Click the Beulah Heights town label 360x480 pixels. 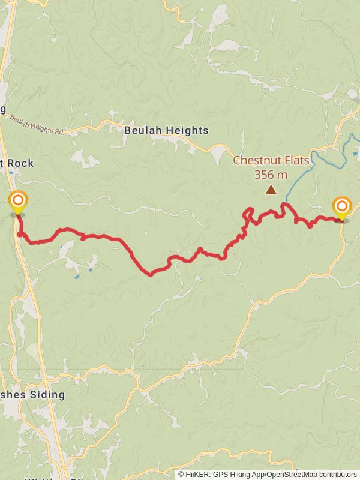pyautogui.click(x=166, y=130)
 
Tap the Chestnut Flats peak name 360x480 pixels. pyautogui.click(x=271, y=161)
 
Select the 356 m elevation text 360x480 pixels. pyautogui.click(x=271, y=175)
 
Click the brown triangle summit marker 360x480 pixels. pyautogui.click(x=271, y=190)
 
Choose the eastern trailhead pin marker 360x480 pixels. pyautogui.click(x=341, y=208)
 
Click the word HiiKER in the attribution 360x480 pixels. pyautogui.click(x=198, y=474)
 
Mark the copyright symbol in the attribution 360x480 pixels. pyautogui.click(x=181, y=474)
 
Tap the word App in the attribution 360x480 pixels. pyautogui.click(x=259, y=474)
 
